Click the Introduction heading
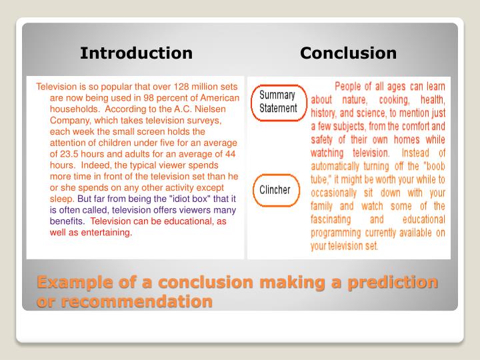pyautogui.click(x=136, y=53)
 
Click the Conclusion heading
pyautogui.click(x=348, y=53)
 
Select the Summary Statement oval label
pyautogui.click(x=278, y=101)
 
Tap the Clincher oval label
pyautogui.click(x=275, y=189)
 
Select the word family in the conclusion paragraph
pyautogui.click(x=325, y=205)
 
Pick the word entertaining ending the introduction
pyautogui.click(x=109, y=233)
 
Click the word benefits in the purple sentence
pyautogui.click(x=67, y=221)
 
